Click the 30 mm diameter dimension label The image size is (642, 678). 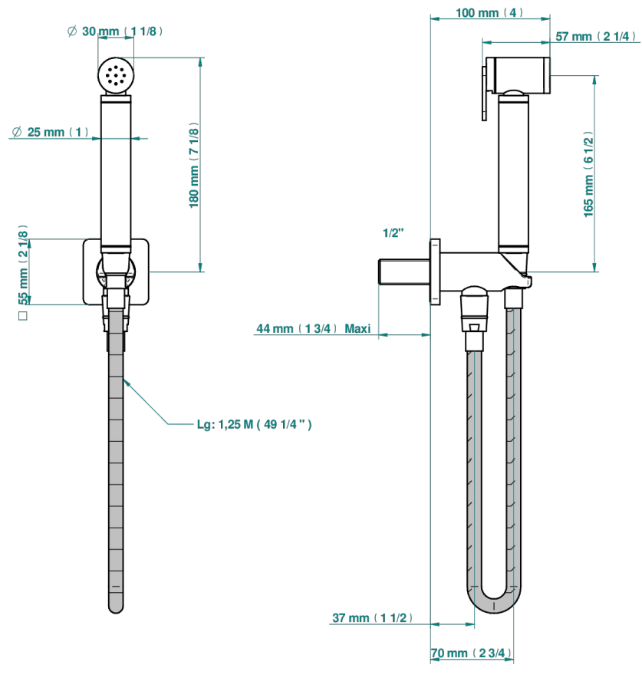pos(115,31)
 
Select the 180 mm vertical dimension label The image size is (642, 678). pos(194,165)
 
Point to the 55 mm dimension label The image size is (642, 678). pos(23,265)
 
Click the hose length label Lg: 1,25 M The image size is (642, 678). pos(254,424)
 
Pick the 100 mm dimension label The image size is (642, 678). pos(489,12)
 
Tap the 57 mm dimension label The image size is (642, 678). pos(596,36)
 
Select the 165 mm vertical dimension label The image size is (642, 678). pos(588,174)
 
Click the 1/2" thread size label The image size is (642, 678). pos(393,233)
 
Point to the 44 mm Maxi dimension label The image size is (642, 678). pos(314,328)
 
